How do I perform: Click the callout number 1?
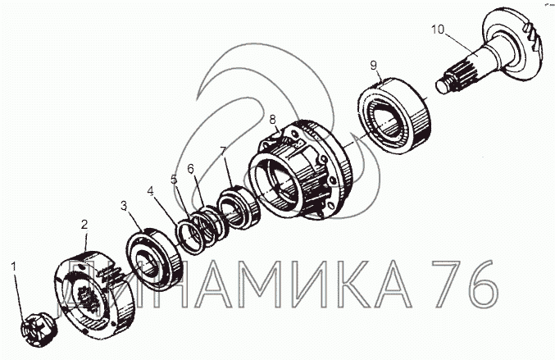14,267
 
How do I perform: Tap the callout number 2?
84,224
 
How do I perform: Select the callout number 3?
124,205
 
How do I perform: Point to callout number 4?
151,191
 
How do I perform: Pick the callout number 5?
174,179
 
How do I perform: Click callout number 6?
191,169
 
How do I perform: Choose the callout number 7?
222,151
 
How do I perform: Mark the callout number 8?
272,120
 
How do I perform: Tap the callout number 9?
374,65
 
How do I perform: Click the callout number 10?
438,30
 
